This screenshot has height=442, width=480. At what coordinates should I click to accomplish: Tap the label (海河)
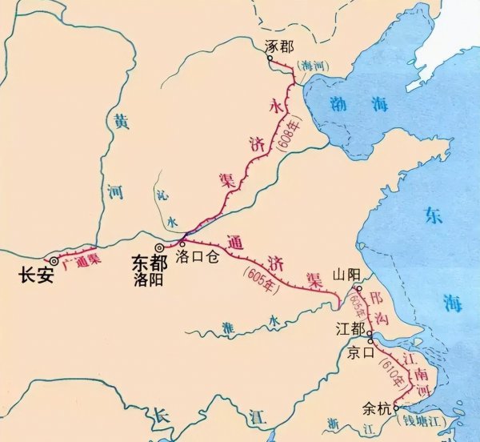coord(308,65)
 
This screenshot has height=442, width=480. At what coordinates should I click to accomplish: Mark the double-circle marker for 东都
coord(160,248)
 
